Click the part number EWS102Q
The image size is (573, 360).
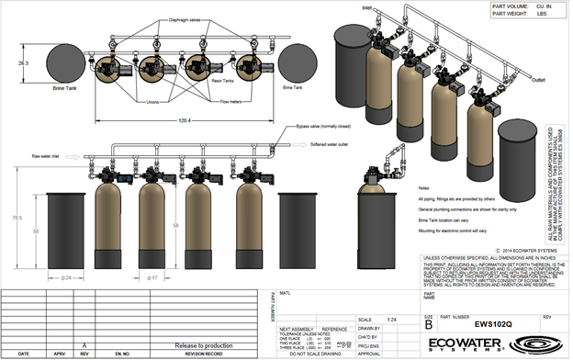(x=478, y=323)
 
